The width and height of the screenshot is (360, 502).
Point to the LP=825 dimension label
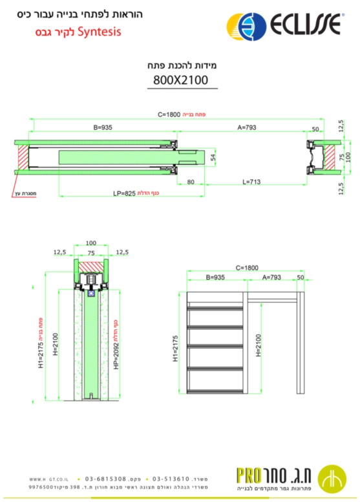click(123, 193)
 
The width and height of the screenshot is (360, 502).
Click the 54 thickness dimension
click(213, 157)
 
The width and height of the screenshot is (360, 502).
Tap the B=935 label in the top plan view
click(103, 127)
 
